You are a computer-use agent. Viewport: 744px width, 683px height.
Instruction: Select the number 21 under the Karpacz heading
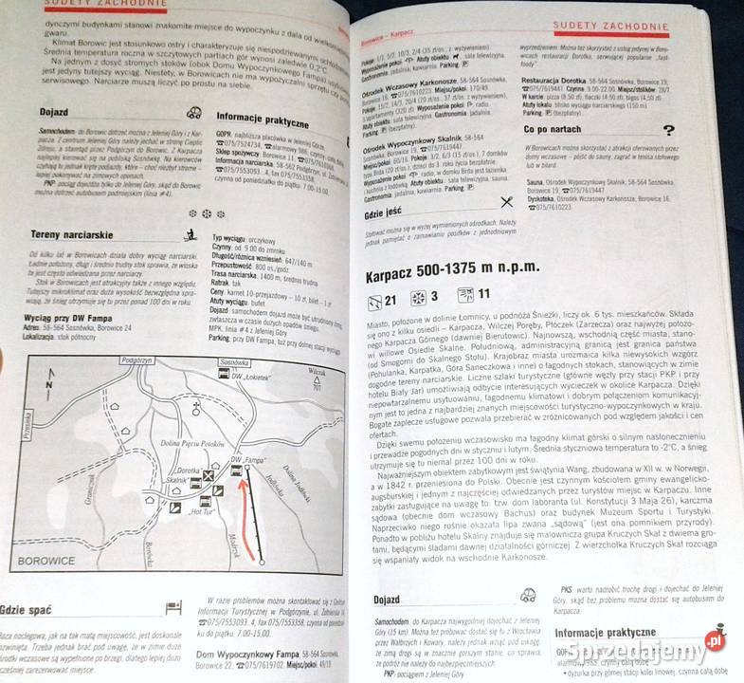pos(391,303)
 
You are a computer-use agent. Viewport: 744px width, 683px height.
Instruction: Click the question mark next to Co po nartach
pos(669,131)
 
